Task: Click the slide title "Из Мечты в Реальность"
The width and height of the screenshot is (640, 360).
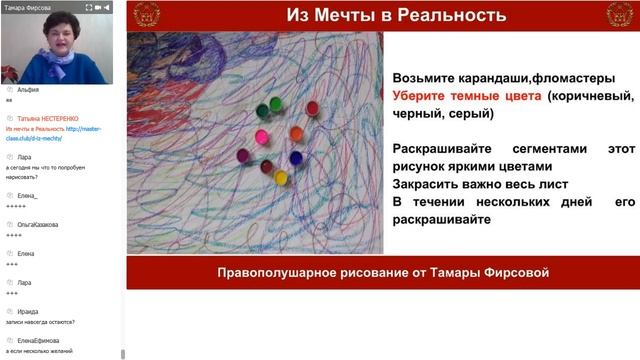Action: pyautogui.click(x=382, y=15)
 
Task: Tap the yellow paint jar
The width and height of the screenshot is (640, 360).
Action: pyautogui.click(x=281, y=177)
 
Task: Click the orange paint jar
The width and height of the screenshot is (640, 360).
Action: pyautogui.click(x=297, y=134)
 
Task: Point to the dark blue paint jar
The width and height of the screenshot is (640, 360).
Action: pyautogui.click(x=295, y=157)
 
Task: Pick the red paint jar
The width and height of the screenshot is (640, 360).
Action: pyautogui.click(x=312, y=107)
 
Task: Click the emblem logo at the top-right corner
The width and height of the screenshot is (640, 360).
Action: pyautogui.click(x=621, y=14)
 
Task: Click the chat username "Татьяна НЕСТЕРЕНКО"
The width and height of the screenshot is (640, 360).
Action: pyautogui.click(x=49, y=116)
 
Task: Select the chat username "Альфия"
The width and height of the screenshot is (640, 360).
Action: pyautogui.click(x=29, y=89)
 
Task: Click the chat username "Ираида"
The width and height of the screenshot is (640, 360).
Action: pyautogui.click(x=28, y=310)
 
